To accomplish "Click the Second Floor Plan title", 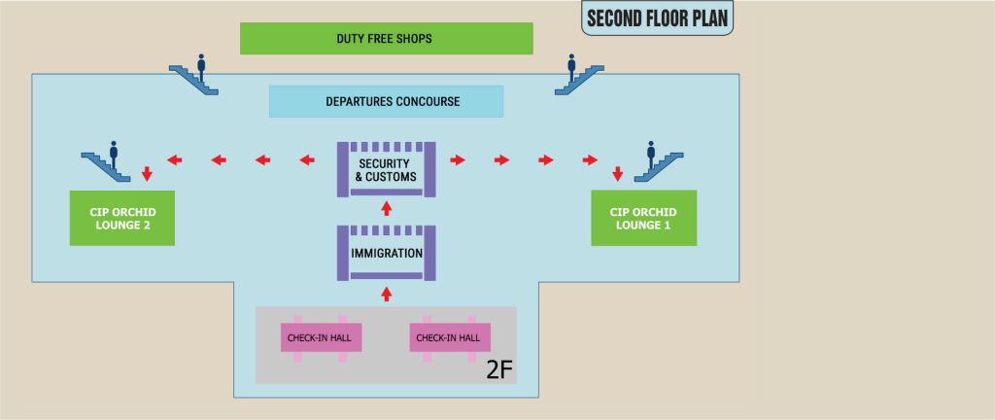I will pyautogui.click(x=658, y=17).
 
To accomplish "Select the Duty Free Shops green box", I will pyautogui.click(x=387, y=39).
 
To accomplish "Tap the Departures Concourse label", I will pyautogui.click(x=386, y=101).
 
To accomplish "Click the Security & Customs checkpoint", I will pyautogui.click(x=386, y=169).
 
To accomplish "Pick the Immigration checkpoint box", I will pyautogui.click(x=386, y=253).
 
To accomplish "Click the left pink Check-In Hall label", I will pyautogui.click(x=322, y=338).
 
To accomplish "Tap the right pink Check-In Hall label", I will pyautogui.click(x=449, y=338).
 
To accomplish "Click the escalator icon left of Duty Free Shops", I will pyautogui.click(x=194, y=77).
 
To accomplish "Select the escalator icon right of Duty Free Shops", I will pyautogui.click(x=579, y=77).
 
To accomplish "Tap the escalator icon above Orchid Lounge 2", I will pyautogui.click(x=106, y=162).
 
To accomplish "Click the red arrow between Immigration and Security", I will pyautogui.click(x=386, y=208).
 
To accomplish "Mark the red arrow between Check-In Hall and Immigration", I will pyautogui.click(x=386, y=292).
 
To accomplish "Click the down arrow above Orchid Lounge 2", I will pyautogui.click(x=147, y=174).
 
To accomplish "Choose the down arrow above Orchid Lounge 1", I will pyautogui.click(x=617, y=174).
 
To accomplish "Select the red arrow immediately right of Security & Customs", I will pyautogui.click(x=458, y=159).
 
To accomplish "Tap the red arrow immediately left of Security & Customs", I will pyautogui.click(x=305, y=159).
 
